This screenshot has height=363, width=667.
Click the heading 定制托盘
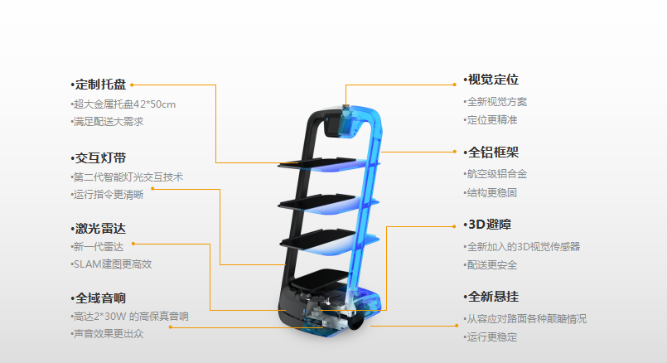pos(100,85)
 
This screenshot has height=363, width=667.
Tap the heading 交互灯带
pos(100,158)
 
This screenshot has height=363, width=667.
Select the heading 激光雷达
pos(100,229)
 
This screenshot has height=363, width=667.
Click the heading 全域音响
pos(100,298)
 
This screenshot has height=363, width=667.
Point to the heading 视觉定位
pos(493,80)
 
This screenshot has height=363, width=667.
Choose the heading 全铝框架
pos(493,152)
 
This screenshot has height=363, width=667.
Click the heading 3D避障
pos(490,225)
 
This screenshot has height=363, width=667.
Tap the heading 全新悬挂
pos(493,297)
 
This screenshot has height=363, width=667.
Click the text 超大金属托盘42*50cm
pos(124,104)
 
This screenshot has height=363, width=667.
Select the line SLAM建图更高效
pos(113,264)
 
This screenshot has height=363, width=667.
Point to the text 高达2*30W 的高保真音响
pos(131,317)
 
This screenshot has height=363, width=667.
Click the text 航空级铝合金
pos(497,174)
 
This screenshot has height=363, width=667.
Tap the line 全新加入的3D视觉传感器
pos(524,247)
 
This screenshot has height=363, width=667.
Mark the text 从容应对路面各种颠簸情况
pos(527,319)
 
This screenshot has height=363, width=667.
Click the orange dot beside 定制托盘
pos(132,85)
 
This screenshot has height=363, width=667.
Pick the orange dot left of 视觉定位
pos(454,85)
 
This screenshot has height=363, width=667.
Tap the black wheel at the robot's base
pos(355,322)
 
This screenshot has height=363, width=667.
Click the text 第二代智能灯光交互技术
pos(128,177)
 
